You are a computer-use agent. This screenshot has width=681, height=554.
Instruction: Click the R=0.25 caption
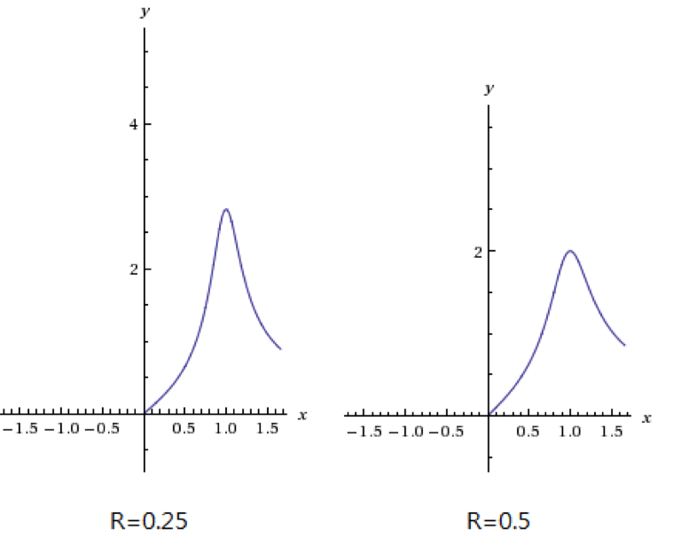(x=148, y=520)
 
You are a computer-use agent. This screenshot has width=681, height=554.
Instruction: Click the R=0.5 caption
(x=498, y=520)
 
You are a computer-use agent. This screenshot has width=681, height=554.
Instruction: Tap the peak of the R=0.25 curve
(x=226, y=209)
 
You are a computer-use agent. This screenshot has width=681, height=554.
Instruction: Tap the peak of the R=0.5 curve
(x=569, y=251)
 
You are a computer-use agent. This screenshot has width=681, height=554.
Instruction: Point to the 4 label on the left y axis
(x=134, y=124)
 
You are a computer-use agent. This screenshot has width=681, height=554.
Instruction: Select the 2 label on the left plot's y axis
(x=134, y=269)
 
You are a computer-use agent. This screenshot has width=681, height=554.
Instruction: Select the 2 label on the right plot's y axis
(x=477, y=252)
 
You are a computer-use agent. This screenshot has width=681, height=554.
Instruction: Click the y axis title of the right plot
(x=489, y=89)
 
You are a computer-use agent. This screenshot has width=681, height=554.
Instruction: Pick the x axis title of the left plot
(x=302, y=414)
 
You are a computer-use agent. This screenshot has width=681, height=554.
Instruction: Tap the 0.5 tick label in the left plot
(x=184, y=429)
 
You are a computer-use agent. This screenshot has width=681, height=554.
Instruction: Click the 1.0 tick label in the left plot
(x=225, y=429)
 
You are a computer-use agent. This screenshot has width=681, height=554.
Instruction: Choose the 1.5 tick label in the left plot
(x=267, y=429)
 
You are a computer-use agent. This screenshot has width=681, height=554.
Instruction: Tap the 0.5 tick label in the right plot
(x=528, y=432)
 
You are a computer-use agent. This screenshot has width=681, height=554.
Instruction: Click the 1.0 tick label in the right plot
(x=569, y=432)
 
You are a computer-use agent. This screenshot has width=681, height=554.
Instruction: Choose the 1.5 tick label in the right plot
(x=611, y=432)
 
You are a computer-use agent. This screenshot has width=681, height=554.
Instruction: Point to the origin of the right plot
(x=489, y=415)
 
